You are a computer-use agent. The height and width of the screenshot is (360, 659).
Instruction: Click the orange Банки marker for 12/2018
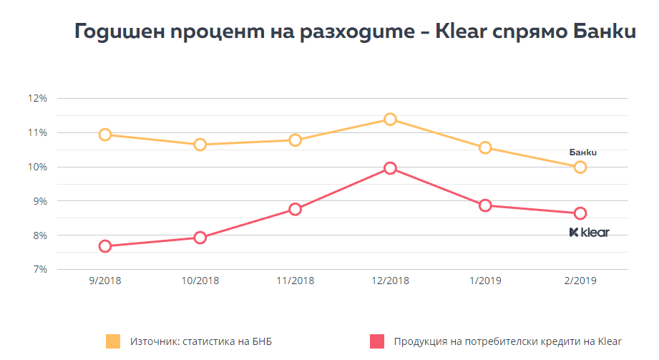tap(390, 119)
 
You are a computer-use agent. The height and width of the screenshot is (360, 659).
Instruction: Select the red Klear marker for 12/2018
tap(390, 168)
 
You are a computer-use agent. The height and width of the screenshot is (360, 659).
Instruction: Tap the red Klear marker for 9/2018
tap(105, 246)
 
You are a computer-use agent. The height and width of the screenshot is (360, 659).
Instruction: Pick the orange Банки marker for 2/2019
tap(580, 167)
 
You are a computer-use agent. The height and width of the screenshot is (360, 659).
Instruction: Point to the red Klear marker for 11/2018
tap(295, 209)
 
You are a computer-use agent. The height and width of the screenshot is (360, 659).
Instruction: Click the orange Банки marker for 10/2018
tap(200, 145)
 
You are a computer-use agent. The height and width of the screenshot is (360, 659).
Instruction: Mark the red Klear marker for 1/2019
tap(485, 205)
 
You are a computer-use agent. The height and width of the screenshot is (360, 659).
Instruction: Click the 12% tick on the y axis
tap(38, 99)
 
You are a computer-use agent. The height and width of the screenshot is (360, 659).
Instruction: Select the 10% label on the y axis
tap(38, 167)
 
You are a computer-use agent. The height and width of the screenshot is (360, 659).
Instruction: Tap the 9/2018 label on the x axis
tap(105, 281)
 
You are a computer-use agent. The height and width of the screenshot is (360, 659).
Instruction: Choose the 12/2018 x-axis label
tap(390, 281)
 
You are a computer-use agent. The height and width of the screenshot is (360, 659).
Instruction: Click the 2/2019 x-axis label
tap(580, 281)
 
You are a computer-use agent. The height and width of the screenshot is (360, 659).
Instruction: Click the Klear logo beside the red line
tap(589, 232)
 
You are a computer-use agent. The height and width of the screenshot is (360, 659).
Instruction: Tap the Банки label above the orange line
tap(582, 152)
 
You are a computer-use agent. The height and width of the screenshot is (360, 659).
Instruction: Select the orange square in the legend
tap(113, 341)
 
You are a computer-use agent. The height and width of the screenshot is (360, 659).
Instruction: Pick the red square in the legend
tap(376, 341)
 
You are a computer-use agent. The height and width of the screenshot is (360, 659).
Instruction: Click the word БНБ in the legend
tap(260, 341)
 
